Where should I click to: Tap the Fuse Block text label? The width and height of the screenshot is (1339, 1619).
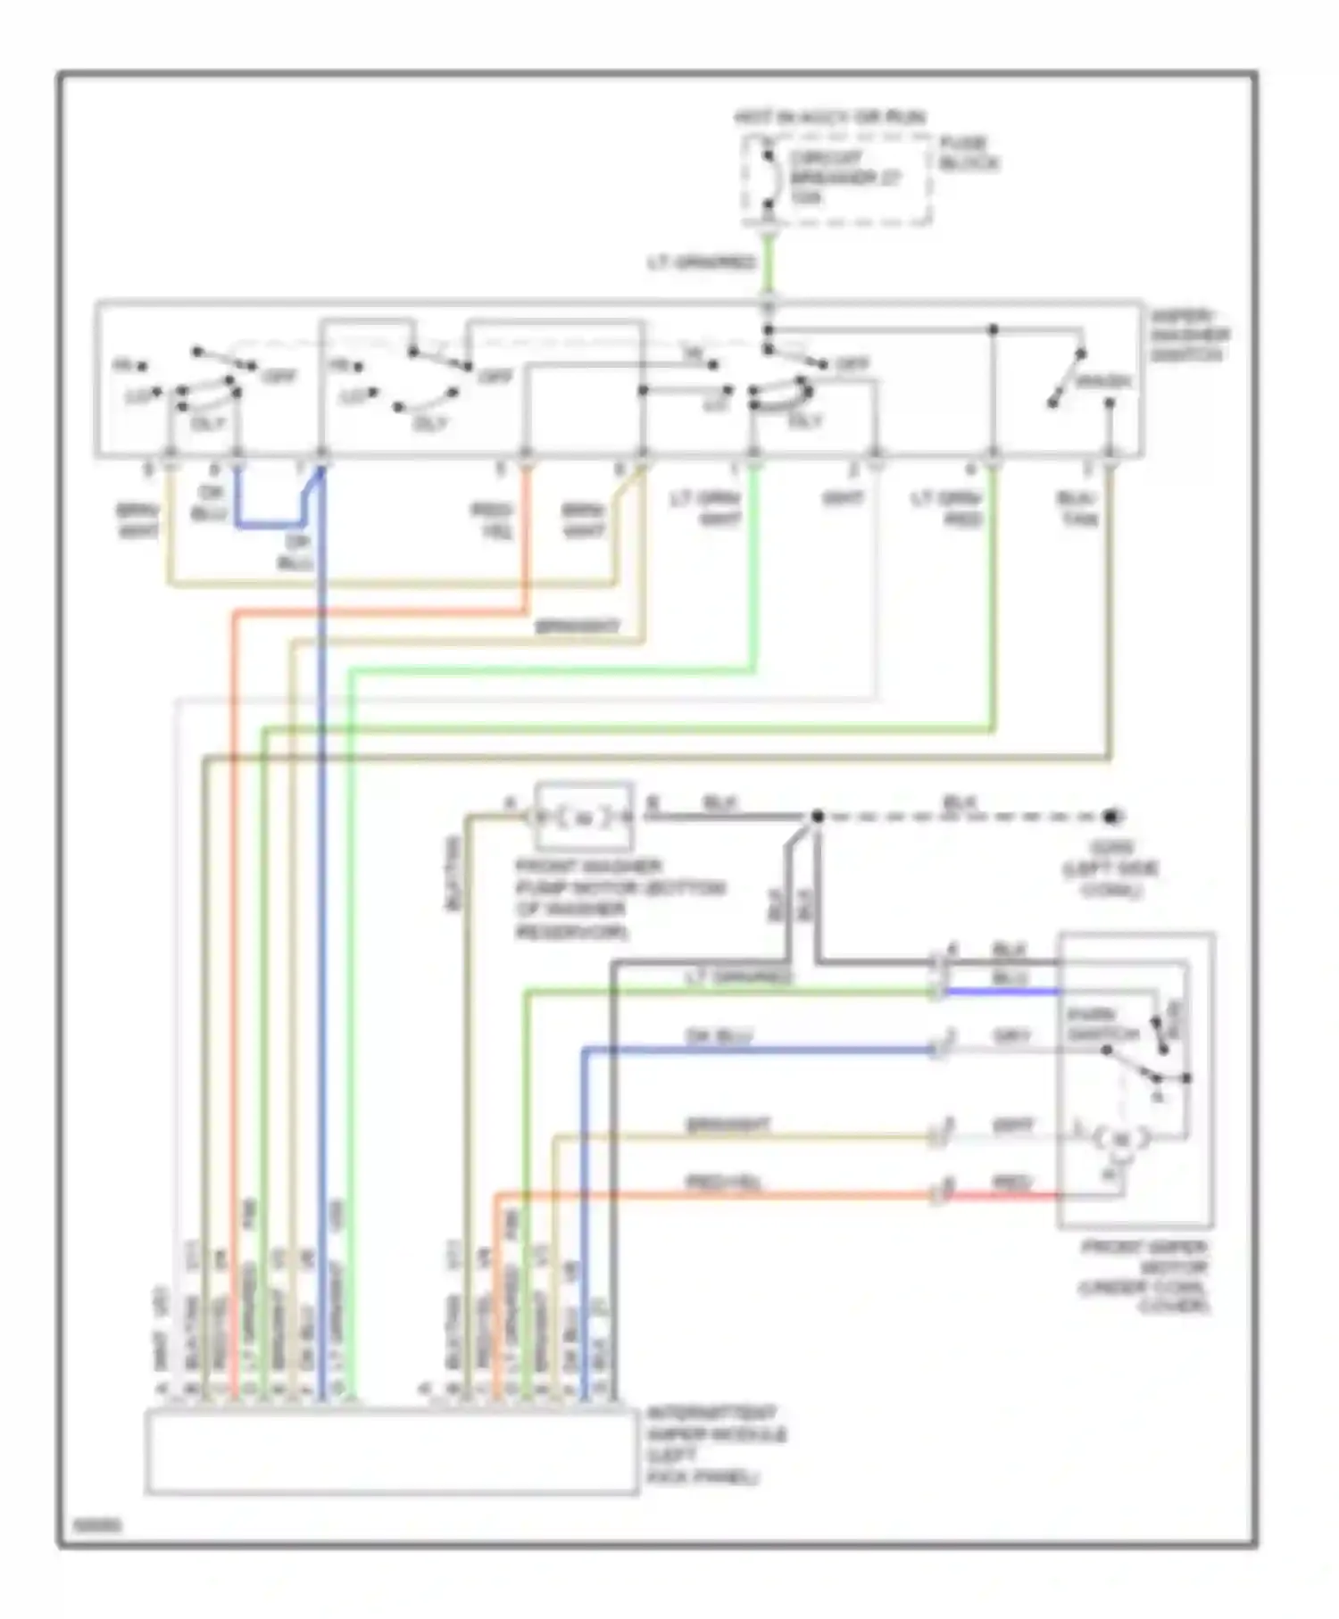pyautogui.click(x=968, y=153)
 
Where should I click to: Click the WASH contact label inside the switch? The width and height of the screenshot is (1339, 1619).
pyautogui.click(x=1103, y=382)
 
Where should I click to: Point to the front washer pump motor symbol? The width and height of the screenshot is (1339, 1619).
pyautogui.click(x=584, y=817)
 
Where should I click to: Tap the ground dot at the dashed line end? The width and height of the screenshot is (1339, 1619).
pyautogui.click(x=1111, y=816)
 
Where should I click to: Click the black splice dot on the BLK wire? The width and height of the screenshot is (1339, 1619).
pyautogui.click(x=817, y=816)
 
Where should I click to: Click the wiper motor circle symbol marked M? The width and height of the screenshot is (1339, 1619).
pyautogui.click(x=1122, y=1139)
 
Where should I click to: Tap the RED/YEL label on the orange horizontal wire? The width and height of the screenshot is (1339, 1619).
pyautogui.click(x=723, y=1182)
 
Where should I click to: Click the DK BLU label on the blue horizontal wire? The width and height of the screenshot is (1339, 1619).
pyautogui.click(x=719, y=1036)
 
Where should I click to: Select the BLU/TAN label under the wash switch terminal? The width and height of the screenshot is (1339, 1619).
pyautogui.click(x=1077, y=508)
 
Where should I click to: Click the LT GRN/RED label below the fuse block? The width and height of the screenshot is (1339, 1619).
pyautogui.click(x=702, y=262)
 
